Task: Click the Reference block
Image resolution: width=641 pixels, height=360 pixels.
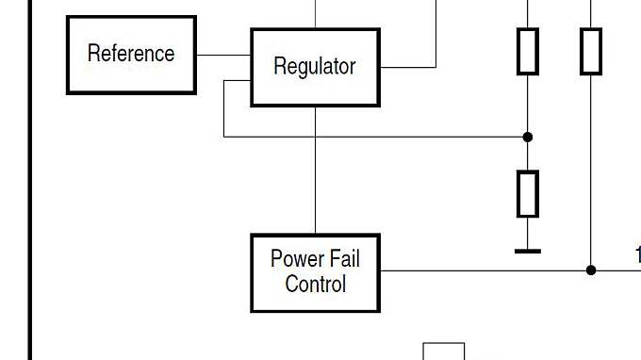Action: pos(131,55)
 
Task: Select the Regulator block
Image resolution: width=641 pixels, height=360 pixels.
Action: pos(315,67)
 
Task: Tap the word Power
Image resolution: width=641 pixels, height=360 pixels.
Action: pos(294,259)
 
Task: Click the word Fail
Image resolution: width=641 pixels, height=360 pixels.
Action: pos(343,259)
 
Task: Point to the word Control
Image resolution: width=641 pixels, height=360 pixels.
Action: pos(315,284)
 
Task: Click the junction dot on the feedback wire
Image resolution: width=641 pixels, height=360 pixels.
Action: pos(528,137)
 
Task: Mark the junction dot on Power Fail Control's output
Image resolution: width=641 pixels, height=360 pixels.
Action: pos(591,270)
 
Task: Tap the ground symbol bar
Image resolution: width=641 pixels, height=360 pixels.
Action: pos(528,252)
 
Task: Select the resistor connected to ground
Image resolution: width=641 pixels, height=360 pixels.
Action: pos(528,193)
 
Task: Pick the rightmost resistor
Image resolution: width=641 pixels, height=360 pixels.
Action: pos(591,51)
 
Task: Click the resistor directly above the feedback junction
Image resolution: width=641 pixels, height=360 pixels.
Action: pos(528,51)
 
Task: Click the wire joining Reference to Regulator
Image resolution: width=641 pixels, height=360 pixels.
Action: pos(223,55)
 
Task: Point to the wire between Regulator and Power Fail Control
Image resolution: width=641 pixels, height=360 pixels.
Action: pos(315,170)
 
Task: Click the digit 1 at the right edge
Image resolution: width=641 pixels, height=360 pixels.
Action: pos(637,255)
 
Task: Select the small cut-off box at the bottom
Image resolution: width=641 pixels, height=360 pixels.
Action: pos(443,352)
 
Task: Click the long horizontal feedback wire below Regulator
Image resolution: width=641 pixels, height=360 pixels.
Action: pos(377,137)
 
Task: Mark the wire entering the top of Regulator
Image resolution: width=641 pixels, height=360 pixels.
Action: pos(315,14)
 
